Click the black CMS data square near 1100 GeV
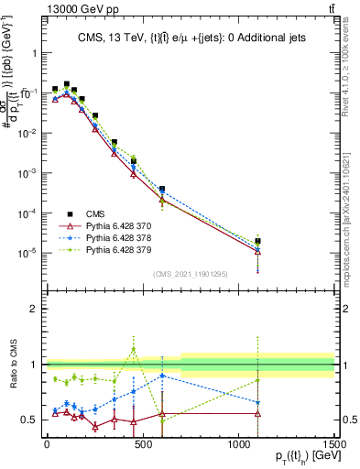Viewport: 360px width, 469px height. coord(257,241)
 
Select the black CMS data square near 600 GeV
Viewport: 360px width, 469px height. coord(162,189)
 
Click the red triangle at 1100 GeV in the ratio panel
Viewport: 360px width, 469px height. coord(257,413)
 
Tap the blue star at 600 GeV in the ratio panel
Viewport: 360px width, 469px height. coord(162,376)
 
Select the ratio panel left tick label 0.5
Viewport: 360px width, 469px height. coord(29,420)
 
